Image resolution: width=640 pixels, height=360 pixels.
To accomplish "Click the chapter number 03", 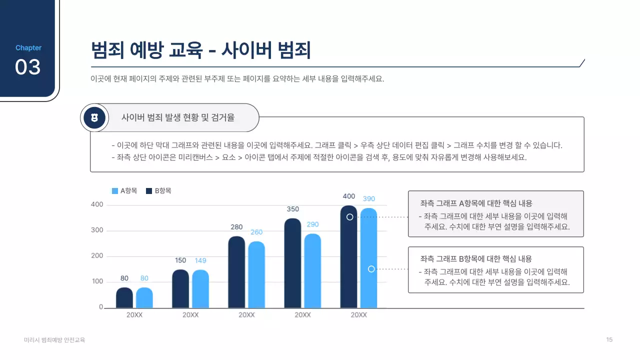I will point(27,67).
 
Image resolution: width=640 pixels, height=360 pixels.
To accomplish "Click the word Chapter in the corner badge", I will point(28,48).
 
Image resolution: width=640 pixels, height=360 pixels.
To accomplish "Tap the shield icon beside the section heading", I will point(94,118).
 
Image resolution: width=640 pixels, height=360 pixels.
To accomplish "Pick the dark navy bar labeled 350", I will point(293,263).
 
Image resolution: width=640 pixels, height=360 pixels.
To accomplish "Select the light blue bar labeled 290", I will point(312,270).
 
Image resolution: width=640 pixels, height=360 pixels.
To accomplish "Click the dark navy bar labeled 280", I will point(236,272).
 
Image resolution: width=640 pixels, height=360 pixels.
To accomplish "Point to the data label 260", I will point(256,232).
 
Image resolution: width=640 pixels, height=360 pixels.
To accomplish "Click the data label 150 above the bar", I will point(180,260).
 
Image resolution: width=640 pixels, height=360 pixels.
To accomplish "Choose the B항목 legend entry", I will point(158,190).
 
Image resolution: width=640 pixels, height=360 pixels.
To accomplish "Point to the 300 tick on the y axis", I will point(97,230).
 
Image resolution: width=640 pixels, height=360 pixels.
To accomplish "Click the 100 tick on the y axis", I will point(97,281).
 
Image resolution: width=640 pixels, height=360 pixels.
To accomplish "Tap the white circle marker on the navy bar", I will point(350,217).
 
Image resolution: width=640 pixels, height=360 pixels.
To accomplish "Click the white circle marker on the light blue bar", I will point(371,269).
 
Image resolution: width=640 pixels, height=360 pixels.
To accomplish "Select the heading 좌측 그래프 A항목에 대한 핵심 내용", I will point(476,203).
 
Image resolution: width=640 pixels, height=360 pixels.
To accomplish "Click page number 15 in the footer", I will point(609,340).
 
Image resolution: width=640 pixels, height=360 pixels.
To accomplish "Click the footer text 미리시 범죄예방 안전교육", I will point(54,340).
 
